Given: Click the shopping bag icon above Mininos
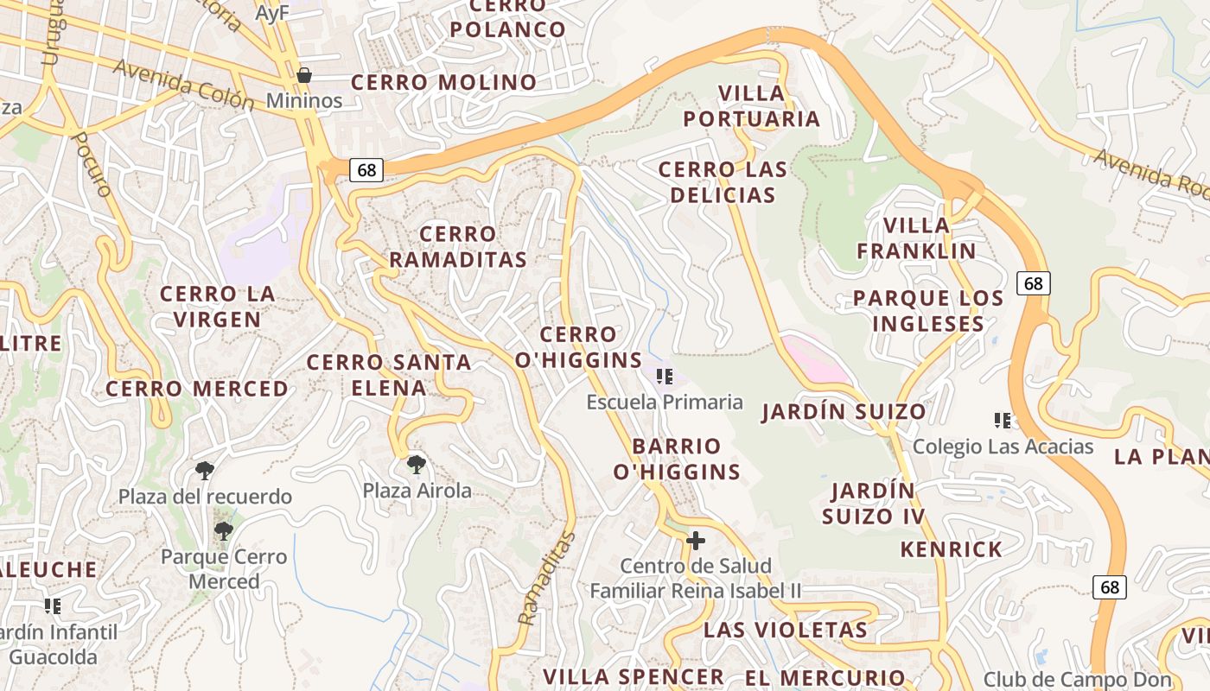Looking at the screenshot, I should click(x=303, y=75).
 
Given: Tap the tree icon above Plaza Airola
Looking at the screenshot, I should click(x=416, y=465).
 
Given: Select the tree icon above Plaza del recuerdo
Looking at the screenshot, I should click(x=205, y=471).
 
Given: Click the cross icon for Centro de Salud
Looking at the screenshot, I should click(x=695, y=541).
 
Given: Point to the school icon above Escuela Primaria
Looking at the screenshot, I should click(x=664, y=376).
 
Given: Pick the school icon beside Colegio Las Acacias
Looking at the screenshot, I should click(x=1003, y=421).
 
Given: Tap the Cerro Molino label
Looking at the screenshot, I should click(x=443, y=82).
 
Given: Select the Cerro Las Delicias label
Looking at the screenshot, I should click(x=723, y=182).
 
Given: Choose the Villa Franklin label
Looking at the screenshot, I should click(x=916, y=238).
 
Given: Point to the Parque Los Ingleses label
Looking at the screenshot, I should click(x=928, y=311).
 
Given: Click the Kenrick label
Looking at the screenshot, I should click(x=951, y=549).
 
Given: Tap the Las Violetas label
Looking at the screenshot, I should click(x=785, y=629).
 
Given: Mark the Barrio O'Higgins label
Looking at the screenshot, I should click(x=677, y=459).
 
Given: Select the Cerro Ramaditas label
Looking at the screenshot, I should click(x=458, y=246).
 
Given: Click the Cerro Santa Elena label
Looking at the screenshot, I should click(x=389, y=375).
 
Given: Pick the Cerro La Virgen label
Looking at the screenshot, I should click(x=218, y=306).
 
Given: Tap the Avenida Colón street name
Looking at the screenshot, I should click(x=183, y=85).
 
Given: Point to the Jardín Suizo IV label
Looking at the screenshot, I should click(x=873, y=504).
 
